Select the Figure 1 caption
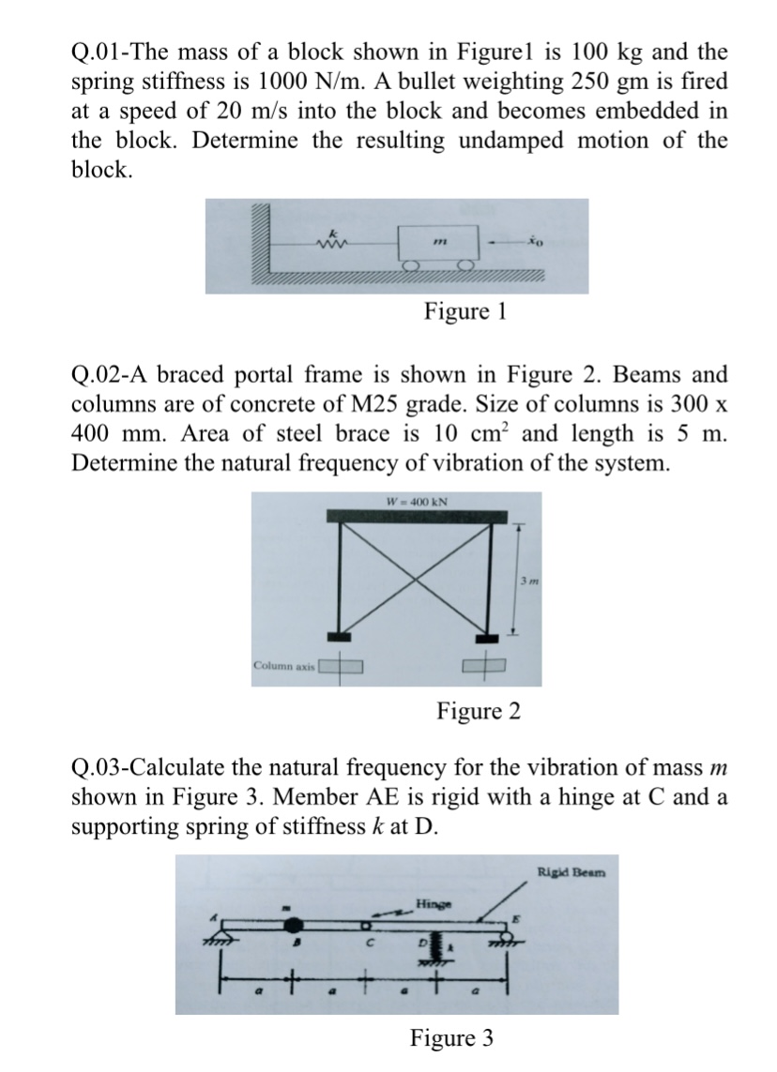click(x=465, y=310)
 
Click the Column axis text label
click(x=284, y=666)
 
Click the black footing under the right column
click(x=487, y=640)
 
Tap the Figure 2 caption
click(x=478, y=711)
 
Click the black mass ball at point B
click(x=290, y=928)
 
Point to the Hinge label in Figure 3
click(x=432, y=904)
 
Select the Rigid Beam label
click(x=571, y=872)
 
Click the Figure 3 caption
click(x=451, y=1038)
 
